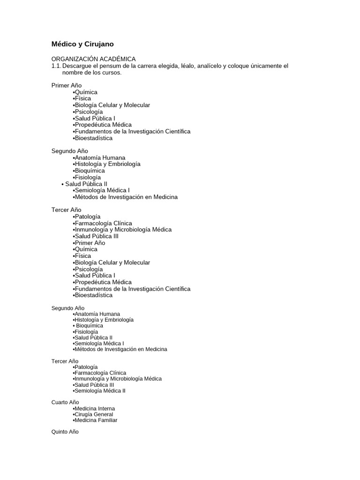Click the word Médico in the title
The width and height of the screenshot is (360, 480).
coord(63,44)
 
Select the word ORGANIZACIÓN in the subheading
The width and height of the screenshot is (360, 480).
coord(74,59)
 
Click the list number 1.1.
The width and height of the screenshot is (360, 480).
coord(56,66)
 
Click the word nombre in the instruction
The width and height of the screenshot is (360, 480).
coord(73,73)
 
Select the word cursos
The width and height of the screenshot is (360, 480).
coord(112,73)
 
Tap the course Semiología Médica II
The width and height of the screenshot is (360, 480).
coord(100,391)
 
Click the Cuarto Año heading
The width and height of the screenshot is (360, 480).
coord(65,402)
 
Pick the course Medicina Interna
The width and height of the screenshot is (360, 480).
coord(95,409)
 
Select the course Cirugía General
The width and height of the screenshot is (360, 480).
coord(94,414)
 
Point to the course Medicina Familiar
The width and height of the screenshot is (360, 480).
coord(96,420)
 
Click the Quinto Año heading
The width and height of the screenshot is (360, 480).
coord(65,432)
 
